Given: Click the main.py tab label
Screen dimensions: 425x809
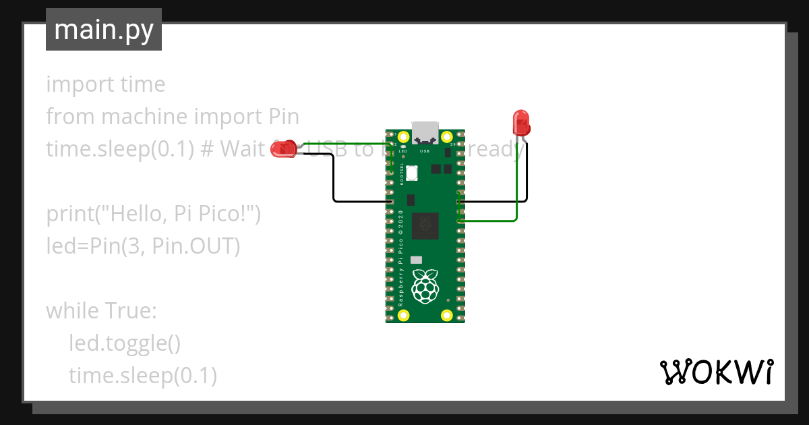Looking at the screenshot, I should [103, 30].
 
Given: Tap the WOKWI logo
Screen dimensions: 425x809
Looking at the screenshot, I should [715, 372].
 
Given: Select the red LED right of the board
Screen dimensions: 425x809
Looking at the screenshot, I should [521, 123].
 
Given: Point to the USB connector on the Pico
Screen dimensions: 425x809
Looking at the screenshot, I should [425, 132].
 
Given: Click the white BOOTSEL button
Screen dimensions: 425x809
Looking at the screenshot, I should [411, 173].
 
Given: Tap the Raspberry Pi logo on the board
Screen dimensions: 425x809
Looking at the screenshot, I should [425, 286].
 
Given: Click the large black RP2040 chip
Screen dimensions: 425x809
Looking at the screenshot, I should [425, 225].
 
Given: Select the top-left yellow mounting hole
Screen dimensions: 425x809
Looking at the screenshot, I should [404, 137].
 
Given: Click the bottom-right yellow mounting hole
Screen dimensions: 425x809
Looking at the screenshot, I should [446, 314].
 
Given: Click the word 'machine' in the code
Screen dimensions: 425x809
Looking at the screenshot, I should [144, 117].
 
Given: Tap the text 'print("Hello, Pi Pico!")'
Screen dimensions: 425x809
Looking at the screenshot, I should [153, 214].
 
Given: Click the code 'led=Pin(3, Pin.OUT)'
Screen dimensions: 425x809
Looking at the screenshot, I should [143, 246].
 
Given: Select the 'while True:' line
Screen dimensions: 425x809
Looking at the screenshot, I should [101, 311].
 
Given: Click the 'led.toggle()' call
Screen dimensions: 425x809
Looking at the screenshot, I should [125, 343].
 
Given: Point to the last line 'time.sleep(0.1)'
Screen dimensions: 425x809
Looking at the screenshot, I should [142, 376].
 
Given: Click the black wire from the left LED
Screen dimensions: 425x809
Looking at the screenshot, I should [334, 179].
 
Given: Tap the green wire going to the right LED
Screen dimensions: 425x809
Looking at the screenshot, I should [516, 189].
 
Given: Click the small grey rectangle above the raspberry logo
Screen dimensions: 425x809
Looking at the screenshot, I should [416, 260].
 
